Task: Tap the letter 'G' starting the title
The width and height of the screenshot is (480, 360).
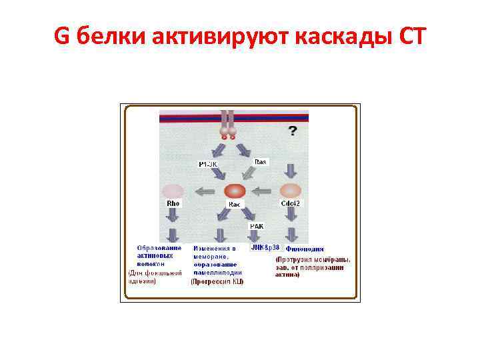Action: coord(61,39)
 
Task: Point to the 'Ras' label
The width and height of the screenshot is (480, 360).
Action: coord(261,161)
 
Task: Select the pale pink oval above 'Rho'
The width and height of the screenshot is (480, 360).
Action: coord(173,191)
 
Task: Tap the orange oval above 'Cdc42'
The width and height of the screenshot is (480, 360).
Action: coord(291,191)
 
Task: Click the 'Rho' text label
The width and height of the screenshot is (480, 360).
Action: coord(173,203)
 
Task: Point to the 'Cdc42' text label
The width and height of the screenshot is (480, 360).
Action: coord(291,203)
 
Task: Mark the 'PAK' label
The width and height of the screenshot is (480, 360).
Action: coord(257,226)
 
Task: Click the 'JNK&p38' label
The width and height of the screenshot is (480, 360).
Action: coord(265,247)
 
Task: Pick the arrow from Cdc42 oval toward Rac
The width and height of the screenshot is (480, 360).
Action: coord(264,191)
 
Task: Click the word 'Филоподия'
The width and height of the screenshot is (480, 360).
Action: coord(305,249)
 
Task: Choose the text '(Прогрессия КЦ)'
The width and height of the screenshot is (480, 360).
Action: coord(217,281)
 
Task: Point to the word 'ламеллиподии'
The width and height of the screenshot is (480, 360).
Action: coord(217,272)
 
